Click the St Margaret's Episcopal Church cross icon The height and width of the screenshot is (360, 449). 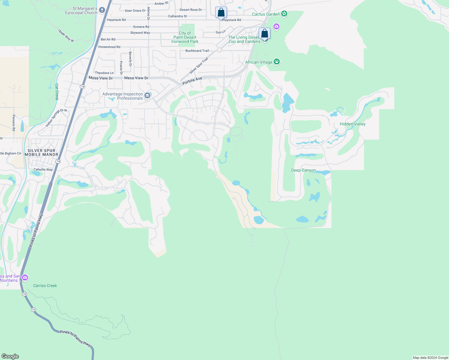pyautogui.click(x=102, y=10)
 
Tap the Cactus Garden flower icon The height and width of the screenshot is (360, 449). pyautogui.click(x=284, y=14)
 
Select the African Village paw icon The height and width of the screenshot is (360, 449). pyautogui.click(x=277, y=62)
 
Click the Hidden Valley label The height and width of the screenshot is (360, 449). pyautogui.click(x=352, y=124)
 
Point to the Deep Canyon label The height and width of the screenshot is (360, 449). pyautogui.click(x=303, y=170)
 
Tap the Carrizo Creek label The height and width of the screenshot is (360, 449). pyautogui.click(x=45, y=286)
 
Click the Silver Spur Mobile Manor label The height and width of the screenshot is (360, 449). pyautogui.click(x=41, y=152)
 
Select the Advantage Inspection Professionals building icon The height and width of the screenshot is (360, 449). pyautogui.click(x=147, y=96)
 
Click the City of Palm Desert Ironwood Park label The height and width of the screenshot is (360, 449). pyautogui.click(x=185, y=37)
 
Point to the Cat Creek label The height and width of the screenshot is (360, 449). pyautogui.click(x=57, y=92)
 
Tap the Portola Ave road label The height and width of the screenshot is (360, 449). pyautogui.click(x=192, y=80)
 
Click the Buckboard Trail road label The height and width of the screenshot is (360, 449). pyautogui.click(x=197, y=51)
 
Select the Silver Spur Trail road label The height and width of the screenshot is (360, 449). pyautogui.click(x=199, y=66)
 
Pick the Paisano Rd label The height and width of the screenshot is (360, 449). pyautogui.click(x=14, y=123)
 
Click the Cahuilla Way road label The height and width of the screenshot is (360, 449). pyautogui.click(x=43, y=169)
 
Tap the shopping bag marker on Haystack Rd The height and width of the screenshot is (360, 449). pyautogui.click(x=221, y=13)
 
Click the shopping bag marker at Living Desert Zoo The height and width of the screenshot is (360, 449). pyautogui.click(x=264, y=33)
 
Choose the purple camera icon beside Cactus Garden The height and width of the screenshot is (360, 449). pyautogui.click(x=276, y=27)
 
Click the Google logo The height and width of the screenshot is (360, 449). pyautogui.click(x=10, y=356)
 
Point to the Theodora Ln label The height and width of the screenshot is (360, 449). pyautogui.click(x=104, y=73)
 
